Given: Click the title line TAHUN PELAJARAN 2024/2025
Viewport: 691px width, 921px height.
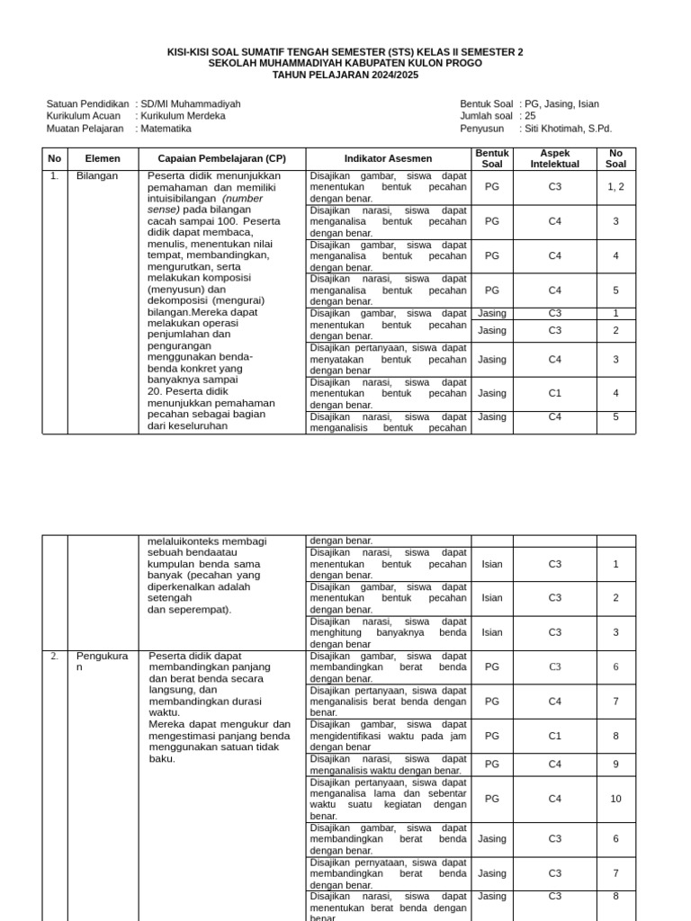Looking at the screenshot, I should coord(345,75).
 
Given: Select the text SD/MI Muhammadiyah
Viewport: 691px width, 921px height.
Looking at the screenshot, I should coord(191,104).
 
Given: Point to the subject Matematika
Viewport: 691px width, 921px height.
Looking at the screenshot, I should coord(166,129).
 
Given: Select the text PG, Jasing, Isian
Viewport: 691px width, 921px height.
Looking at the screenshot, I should coord(562,104).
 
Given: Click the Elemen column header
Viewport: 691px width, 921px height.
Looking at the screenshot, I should coord(102,158).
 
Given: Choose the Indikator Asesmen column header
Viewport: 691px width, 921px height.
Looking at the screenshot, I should coord(389,158).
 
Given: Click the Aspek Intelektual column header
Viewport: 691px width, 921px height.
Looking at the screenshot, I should coord(554,158).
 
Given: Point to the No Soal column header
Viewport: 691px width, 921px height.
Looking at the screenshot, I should coord(615,158).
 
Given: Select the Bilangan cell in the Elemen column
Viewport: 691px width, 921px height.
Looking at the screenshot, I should coord(97,176).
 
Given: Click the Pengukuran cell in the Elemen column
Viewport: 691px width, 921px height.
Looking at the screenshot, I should coord(97,662).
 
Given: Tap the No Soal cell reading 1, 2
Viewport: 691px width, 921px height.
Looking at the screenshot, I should coord(615,187).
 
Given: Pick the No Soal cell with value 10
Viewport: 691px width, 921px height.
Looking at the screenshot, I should coord(615,799).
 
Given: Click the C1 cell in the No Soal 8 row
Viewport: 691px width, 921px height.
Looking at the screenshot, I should coord(554,736).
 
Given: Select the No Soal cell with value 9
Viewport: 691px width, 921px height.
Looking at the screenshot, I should coord(615,765).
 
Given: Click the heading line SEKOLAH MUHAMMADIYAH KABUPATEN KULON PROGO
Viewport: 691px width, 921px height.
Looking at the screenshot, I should coord(345,64).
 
